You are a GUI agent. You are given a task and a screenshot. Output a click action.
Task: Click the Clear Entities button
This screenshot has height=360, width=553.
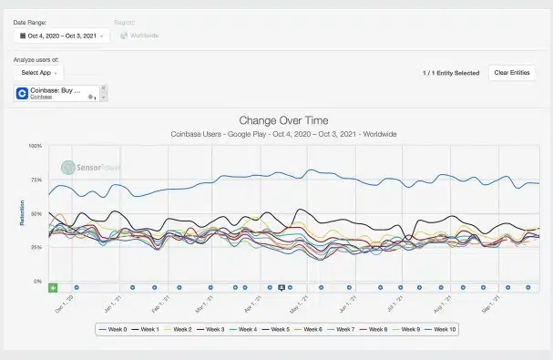pyautogui.click(x=511, y=72)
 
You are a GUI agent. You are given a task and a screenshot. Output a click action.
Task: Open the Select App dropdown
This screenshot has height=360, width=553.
pyautogui.click(x=39, y=72)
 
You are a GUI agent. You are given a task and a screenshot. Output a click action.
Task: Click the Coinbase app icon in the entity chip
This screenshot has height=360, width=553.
pyautogui.click(x=23, y=93)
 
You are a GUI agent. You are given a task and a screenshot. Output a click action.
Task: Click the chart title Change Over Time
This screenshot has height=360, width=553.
pyautogui.click(x=283, y=120)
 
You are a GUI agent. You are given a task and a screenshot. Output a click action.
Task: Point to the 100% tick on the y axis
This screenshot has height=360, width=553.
pyautogui.click(x=36, y=146)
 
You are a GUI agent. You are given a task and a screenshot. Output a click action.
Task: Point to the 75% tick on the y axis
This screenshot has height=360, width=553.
pyautogui.click(x=36, y=180)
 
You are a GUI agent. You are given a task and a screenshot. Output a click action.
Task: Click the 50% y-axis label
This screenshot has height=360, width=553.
pyautogui.click(x=36, y=213)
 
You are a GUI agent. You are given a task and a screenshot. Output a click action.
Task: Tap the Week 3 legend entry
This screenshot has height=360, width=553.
pyautogui.click(x=211, y=328)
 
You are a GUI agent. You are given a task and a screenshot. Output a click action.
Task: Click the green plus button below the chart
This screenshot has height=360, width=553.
pyautogui.click(x=53, y=287)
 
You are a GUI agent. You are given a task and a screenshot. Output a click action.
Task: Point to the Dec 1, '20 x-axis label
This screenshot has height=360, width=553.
pyautogui.click(x=64, y=301)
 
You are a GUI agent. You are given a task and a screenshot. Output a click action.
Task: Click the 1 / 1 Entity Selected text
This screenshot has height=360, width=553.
pyautogui.click(x=451, y=72)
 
